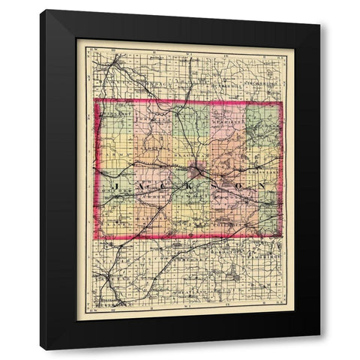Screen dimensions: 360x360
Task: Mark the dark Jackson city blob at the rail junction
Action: [x=197, y=171]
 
